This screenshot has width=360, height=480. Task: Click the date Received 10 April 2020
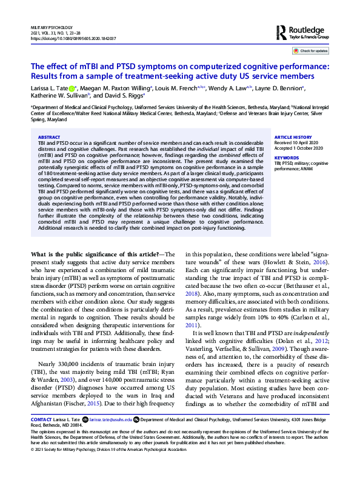coord(299,143)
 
